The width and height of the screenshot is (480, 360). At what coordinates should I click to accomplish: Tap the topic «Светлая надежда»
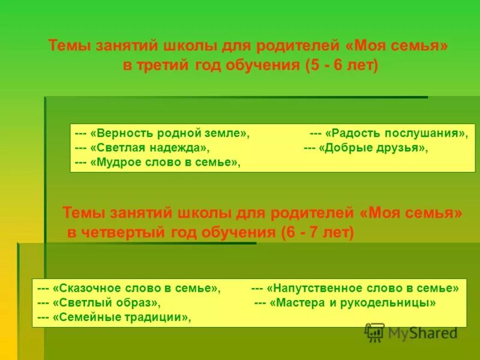click(149, 148)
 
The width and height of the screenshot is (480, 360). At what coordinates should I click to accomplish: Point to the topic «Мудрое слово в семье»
click(165, 162)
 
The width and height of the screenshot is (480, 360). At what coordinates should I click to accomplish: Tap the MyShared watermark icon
click(374, 332)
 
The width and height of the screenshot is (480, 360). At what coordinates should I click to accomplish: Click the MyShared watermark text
click(422, 334)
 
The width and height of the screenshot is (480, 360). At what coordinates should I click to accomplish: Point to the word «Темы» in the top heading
click(67, 46)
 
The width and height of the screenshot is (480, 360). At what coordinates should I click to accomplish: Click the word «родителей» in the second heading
click(311, 214)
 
